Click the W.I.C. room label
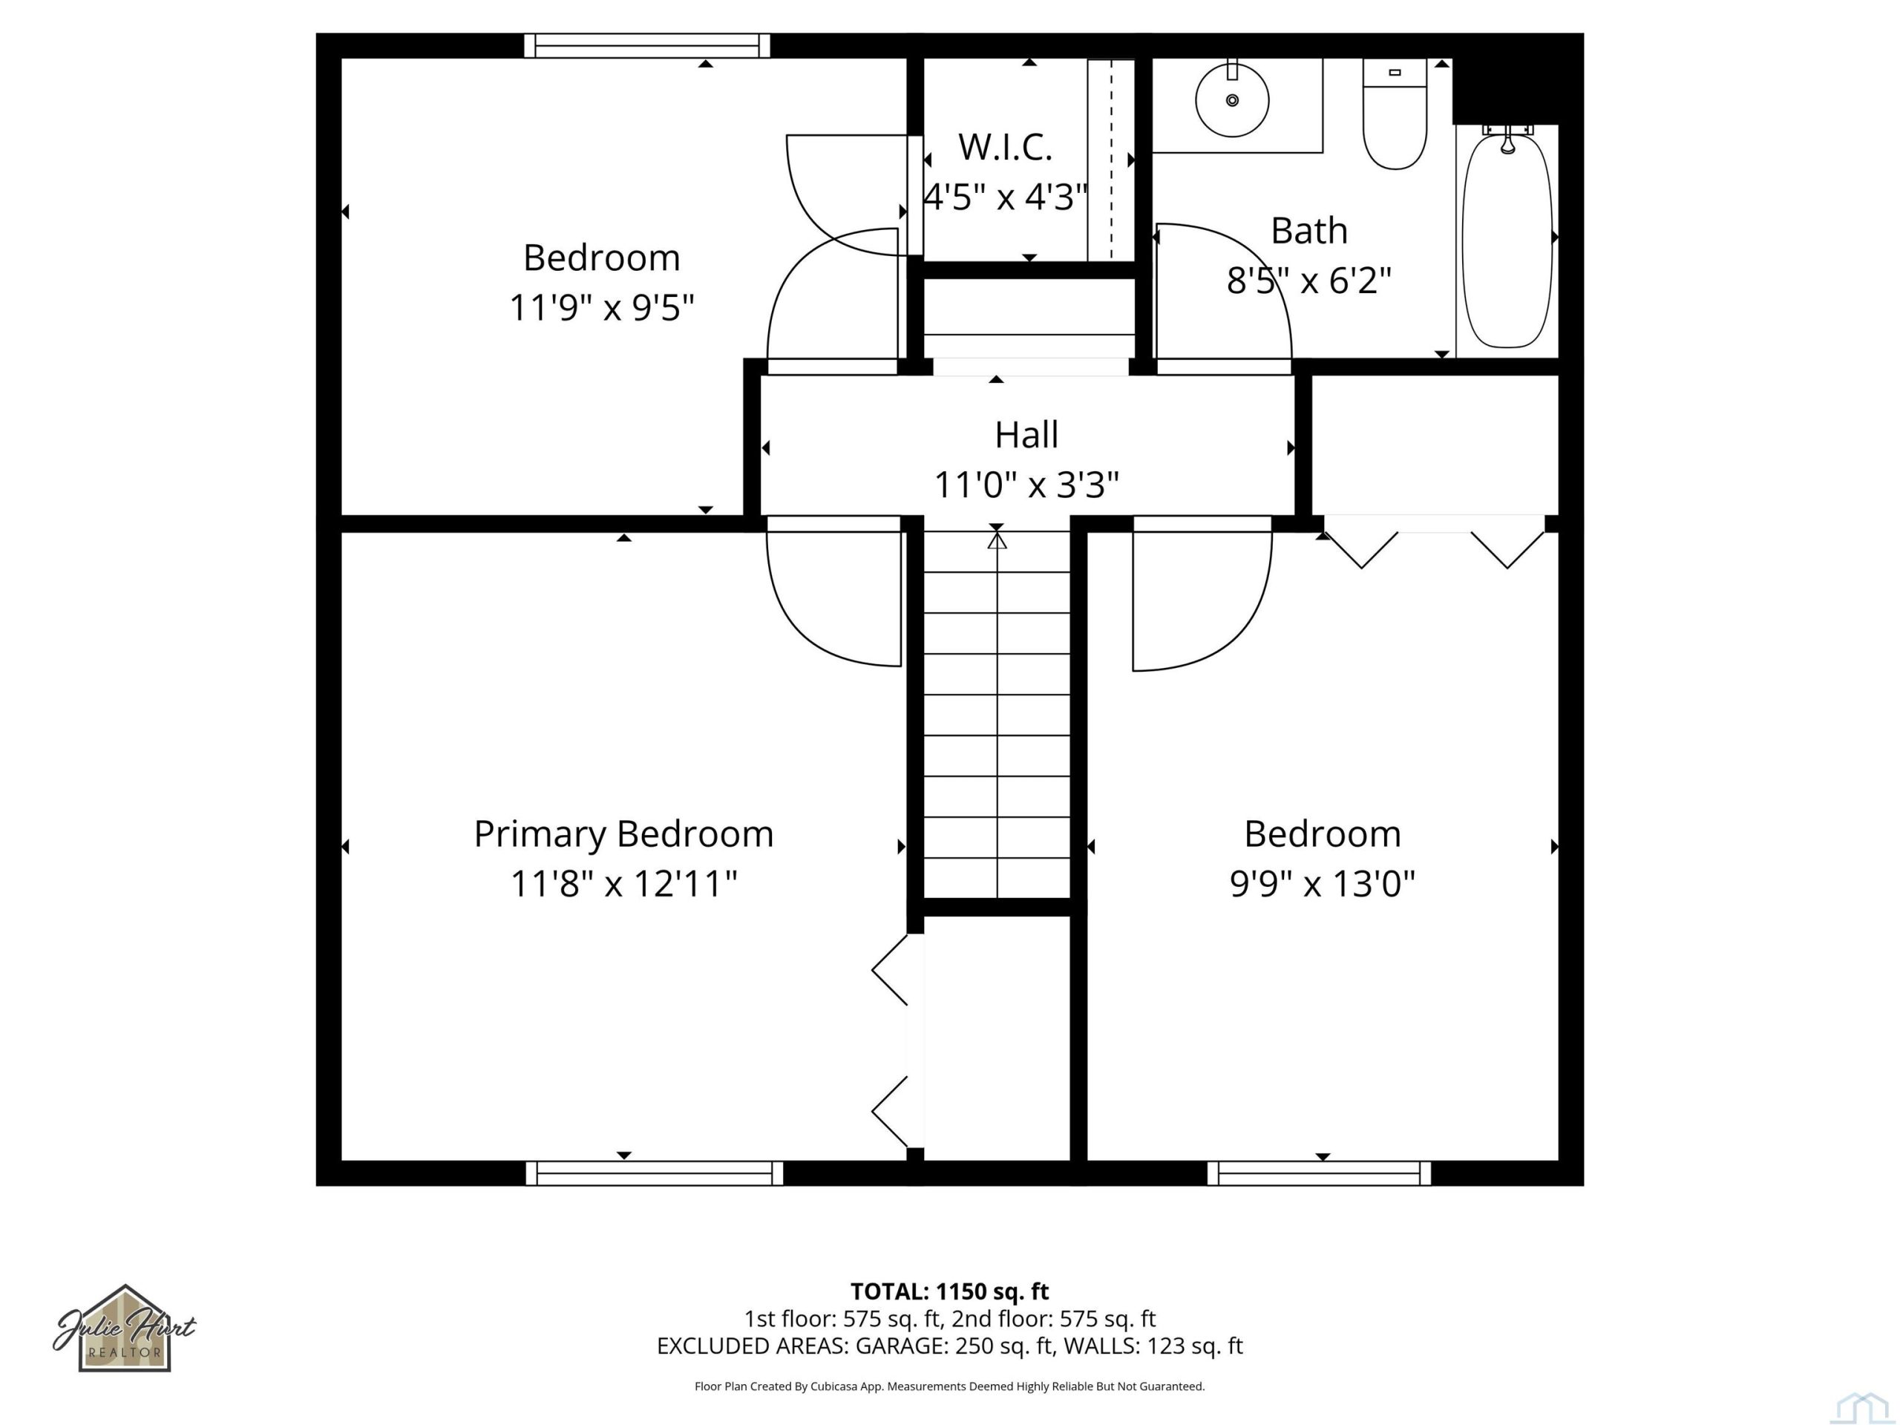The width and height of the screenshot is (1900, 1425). [1005, 147]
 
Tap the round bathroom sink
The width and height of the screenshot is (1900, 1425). [1232, 99]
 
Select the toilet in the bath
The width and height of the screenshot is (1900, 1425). [1395, 114]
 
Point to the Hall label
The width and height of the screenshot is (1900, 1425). [1026, 435]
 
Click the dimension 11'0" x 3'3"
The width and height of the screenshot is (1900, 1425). [1026, 485]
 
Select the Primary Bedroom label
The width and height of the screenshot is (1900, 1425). [623, 834]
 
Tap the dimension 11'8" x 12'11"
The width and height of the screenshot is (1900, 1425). [623, 884]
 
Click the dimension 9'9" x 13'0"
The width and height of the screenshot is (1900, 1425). [1322, 884]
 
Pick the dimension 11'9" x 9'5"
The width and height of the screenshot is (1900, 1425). [601, 307]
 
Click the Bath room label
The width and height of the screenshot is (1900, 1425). [1309, 230]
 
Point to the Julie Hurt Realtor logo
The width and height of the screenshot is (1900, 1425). [125, 1329]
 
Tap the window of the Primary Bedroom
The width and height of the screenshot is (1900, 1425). [655, 1173]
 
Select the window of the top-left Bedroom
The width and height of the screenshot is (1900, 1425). [648, 45]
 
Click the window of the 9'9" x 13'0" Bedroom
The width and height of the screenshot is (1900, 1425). [1320, 1173]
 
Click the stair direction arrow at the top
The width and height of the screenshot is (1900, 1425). [996, 540]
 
